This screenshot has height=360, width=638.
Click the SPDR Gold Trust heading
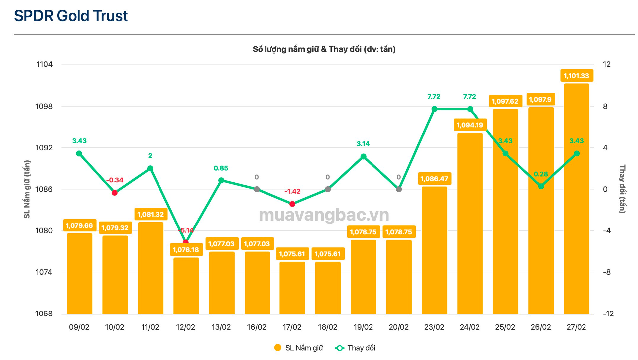[70, 16]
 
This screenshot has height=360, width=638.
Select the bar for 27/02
[576, 199]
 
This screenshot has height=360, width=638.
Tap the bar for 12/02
[186, 286]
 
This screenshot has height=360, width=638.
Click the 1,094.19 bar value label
[470, 125]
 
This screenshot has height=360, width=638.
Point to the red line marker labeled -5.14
[186, 242]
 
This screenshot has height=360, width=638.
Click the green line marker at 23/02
[434, 109]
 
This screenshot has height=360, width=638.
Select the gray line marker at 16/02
[257, 189]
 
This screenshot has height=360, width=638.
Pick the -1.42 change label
[292, 191]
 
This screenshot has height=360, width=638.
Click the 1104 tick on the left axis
[44, 64]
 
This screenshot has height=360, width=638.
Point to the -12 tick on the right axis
[608, 314]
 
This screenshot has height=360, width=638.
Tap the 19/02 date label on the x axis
[363, 327]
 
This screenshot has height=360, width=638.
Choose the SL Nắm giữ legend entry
[299, 348]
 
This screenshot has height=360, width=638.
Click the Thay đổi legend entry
[356, 348]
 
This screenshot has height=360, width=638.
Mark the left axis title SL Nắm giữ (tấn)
[27, 189]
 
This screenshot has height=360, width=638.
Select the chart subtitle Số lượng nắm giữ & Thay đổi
[324, 49]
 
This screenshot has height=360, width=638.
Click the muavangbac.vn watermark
[324, 215]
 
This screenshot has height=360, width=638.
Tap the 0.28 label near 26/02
[541, 174]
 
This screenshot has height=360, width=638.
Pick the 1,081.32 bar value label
[151, 214]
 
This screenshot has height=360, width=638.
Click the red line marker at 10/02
[115, 193]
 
